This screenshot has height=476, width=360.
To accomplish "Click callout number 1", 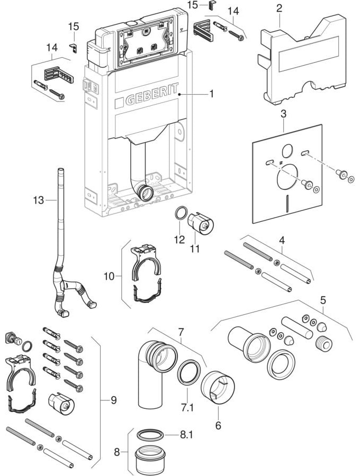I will coord(211,94).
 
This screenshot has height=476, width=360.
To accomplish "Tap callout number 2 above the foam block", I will coord(279,8).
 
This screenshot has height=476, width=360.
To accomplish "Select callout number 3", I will coord(283,114).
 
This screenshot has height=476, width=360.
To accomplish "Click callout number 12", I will coord(179,239).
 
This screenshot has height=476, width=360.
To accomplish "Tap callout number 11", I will coord(195,248).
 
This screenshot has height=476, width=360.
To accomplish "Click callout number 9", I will coord(113,400).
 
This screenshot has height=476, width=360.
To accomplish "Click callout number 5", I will coord(322,300).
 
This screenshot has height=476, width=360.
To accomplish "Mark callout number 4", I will coord(282,240).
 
